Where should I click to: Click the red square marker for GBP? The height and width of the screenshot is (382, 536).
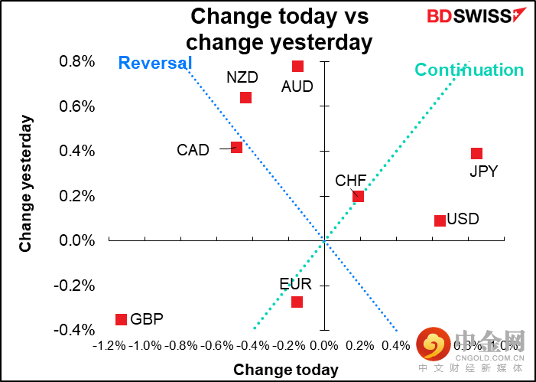pos(121,319)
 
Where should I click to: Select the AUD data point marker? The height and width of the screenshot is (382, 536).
pos(297,66)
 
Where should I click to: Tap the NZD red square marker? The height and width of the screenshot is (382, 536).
pos(245,97)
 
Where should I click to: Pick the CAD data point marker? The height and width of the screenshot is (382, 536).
pos(236,147)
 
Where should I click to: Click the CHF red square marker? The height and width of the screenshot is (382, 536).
pos(358,196)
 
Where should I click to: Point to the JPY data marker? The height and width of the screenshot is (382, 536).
pos(476,154)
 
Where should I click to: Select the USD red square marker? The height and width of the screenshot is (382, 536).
pos(440,220)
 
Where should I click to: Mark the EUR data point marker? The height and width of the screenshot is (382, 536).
pos(297,302)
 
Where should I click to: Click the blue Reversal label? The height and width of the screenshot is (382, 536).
pos(154,63)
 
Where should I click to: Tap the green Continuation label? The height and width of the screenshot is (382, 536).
pos(469,70)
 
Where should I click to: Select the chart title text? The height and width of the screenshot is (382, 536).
pos(279,28)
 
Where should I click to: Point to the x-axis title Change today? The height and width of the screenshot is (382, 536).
pos(285,370)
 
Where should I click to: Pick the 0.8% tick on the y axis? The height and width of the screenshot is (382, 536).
pos(76,61)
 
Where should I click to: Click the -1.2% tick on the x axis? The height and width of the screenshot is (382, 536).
pos(109,346)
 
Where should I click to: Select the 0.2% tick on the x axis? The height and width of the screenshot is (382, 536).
pos(360,346)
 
